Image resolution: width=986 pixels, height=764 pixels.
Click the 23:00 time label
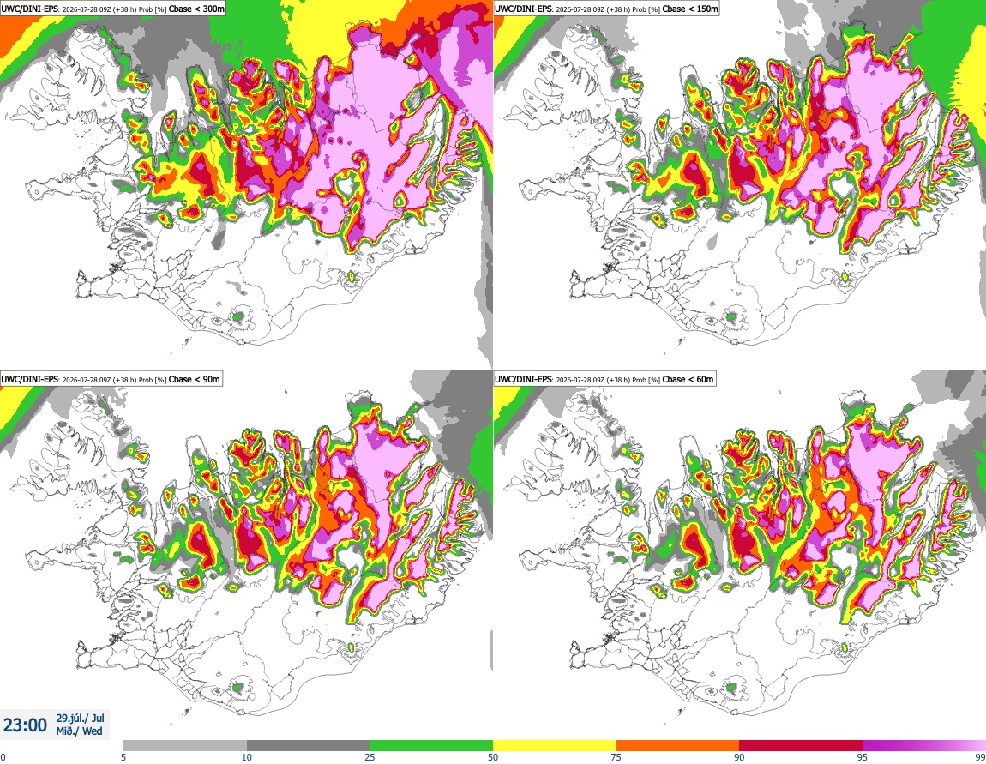[x=25, y=725]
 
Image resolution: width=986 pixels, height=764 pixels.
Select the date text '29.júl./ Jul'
[x=81, y=718]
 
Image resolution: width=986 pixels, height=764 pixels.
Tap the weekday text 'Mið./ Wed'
[x=79, y=731]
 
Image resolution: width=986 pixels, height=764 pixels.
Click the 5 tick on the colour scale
[x=123, y=757]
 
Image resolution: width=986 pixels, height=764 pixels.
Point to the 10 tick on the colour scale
[x=247, y=757]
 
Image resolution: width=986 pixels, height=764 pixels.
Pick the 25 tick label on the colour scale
[x=370, y=757]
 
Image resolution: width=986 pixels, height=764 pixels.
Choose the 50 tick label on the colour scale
[x=493, y=757]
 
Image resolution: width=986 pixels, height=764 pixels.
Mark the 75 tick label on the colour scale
[x=616, y=757]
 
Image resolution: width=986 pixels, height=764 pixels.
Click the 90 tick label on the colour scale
[x=739, y=757]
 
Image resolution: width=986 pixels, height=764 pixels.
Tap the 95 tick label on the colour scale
[x=863, y=757]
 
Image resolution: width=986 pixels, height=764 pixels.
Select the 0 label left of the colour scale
[x=3, y=757]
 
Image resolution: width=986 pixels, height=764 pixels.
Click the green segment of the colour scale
[x=431, y=745]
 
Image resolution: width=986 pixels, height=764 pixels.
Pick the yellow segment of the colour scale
[x=555, y=745]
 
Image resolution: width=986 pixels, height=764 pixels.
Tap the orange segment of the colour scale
[x=678, y=745]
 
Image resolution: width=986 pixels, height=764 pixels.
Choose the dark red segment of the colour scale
[x=801, y=745]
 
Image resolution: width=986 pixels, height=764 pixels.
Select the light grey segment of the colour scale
[x=185, y=745]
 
